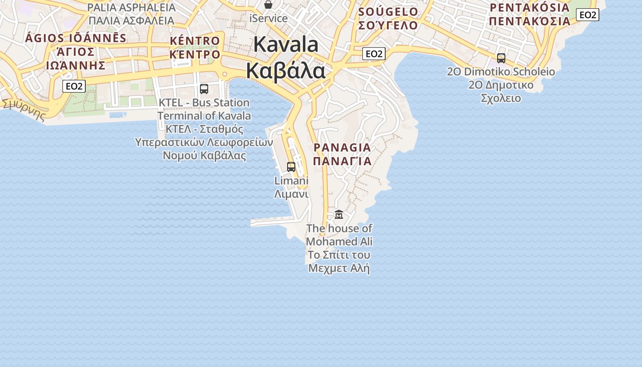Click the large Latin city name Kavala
(285, 44)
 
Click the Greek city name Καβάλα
(285, 71)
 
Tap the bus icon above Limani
(291, 167)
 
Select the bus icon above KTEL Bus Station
(204, 89)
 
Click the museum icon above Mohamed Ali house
(339, 214)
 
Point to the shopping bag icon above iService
(268, 5)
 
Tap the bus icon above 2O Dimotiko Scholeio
(501, 58)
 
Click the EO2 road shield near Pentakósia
(587, 15)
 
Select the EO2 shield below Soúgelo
(374, 54)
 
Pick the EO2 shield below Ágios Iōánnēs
(74, 86)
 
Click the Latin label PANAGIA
(342, 148)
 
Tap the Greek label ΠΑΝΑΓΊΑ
(342, 161)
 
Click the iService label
(268, 19)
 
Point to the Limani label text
(291, 181)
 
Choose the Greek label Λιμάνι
(291, 194)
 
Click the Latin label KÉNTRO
(195, 41)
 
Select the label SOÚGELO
(388, 12)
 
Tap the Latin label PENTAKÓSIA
(529, 8)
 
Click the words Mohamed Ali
(339, 241)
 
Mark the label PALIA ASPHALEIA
(131, 8)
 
